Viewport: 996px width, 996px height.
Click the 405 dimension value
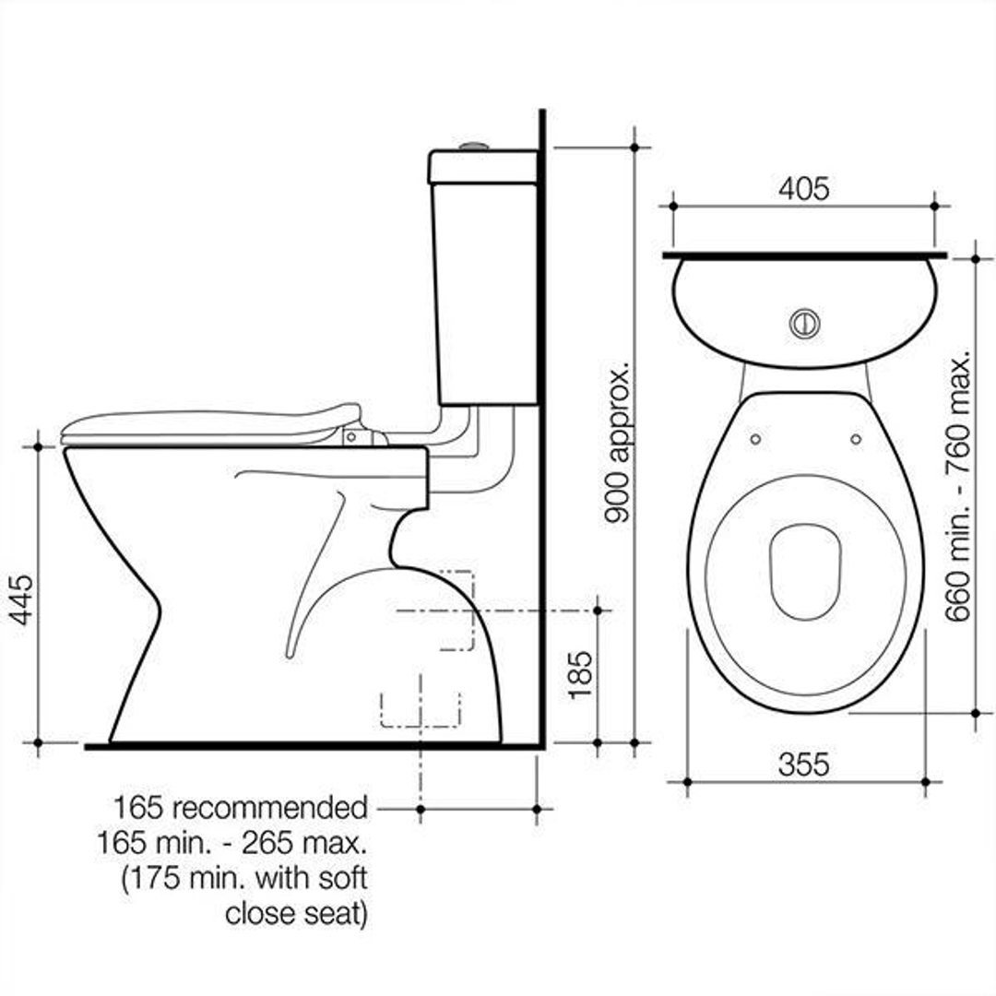pos(803,188)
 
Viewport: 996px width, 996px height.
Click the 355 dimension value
pos(803,764)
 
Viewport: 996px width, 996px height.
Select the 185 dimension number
pos(580,675)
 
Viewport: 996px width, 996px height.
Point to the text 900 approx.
pos(618,443)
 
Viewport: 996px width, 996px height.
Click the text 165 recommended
pos(241,808)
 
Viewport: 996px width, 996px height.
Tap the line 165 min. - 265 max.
pos(231,843)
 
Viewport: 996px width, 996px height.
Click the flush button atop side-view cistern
pos(475,146)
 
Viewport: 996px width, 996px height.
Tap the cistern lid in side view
pos(482,166)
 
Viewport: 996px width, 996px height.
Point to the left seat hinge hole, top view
pos(756,439)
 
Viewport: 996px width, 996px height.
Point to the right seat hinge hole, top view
pos(855,439)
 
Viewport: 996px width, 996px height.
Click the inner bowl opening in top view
pos(805,572)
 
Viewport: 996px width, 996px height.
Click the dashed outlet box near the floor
pos(420,707)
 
